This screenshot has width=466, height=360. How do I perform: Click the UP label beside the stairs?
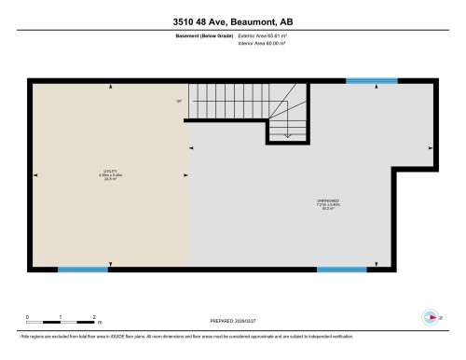point(178,102)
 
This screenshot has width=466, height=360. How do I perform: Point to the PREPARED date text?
point(232,317)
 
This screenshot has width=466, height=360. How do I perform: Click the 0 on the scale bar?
point(27,316)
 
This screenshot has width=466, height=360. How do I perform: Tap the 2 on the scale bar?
point(94,316)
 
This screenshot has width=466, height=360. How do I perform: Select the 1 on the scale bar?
point(61,316)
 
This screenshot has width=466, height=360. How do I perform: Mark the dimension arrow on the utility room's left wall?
point(35,173)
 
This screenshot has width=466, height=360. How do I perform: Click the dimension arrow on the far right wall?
point(430,147)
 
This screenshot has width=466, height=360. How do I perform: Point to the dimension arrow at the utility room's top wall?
point(111,87)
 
